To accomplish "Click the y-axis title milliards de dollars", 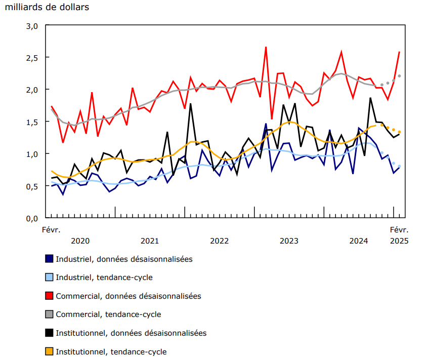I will tap(47, 8).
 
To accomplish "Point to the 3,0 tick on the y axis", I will tap(32, 26).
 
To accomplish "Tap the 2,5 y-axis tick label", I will tap(32, 58).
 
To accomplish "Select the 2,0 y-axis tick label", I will tap(32, 90).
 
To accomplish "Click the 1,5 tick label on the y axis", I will tap(32, 122).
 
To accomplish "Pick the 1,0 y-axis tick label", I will tap(32, 154).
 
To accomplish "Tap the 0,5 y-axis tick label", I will tap(32, 186).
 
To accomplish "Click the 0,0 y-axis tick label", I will tap(32, 218).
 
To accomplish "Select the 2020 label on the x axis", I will tap(80, 241).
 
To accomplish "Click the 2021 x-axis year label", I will tap(150, 241).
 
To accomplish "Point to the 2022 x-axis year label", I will tap(219, 241).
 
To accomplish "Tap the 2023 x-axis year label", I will tap(289, 241).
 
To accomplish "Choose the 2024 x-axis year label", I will tap(358, 241).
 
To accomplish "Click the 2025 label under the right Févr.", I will tap(399, 241).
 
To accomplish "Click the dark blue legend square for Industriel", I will tap(49, 259).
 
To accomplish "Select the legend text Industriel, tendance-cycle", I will tap(104, 277).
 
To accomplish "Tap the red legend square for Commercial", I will tap(49, 296).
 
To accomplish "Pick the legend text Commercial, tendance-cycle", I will tap(108, 314).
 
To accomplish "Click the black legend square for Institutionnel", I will tap(49, 333).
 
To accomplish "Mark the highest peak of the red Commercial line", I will tap(266, 47).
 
